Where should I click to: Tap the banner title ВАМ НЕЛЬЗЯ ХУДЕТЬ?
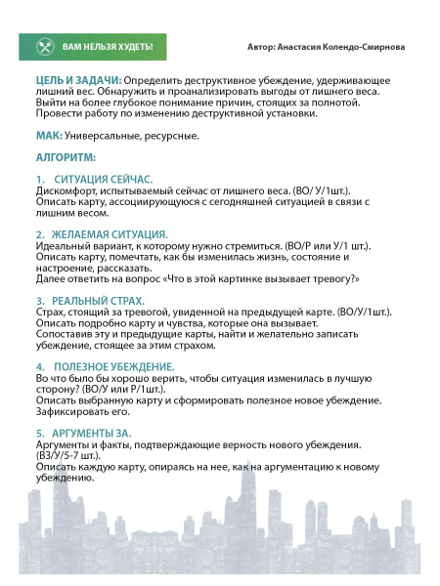[x=113, y=46]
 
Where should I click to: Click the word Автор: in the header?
[x=263, y=46]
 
